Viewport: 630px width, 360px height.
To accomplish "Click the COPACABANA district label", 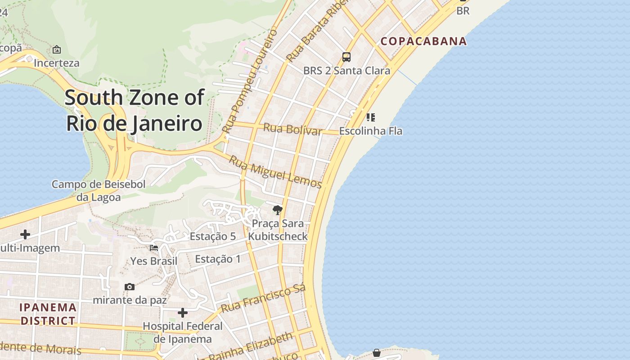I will pos(423,41).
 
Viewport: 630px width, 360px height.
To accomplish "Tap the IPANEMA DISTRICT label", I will pos(48,314).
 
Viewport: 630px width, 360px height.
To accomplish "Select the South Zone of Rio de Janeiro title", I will pos(134,110).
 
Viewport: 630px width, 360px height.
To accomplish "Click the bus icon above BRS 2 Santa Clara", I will pos(346,57).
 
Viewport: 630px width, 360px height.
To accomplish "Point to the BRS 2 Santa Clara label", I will pos(346,71).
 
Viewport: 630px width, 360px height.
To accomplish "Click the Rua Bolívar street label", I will pos(292,129).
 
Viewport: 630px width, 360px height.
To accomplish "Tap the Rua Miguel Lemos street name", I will pos(275,172).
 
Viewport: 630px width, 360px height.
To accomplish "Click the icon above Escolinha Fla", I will pos(370,117).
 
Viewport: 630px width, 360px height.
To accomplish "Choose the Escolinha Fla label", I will pos(370,131).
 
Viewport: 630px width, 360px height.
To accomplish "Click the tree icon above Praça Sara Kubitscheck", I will pos(278,210).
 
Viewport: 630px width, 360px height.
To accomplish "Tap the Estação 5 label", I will pos(212,236).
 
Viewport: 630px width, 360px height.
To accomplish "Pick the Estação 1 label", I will pos(218,259).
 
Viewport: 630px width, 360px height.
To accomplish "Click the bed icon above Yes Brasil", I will pos(154,247).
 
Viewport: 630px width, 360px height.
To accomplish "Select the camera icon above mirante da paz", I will pos(130,287).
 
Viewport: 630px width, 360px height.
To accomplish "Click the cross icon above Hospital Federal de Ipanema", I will pos(183,312).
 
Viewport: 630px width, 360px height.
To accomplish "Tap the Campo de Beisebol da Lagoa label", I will pos(99,190).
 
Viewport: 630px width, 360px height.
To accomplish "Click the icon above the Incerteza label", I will pos(57,49).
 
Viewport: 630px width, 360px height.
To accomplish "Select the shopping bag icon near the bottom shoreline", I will pos(377,353).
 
